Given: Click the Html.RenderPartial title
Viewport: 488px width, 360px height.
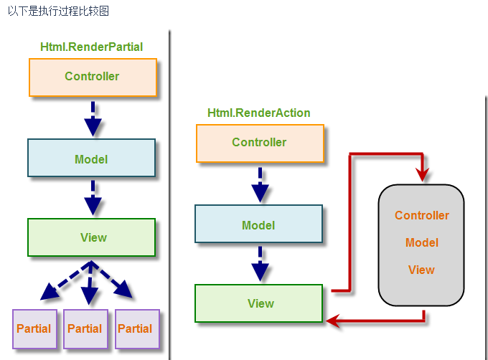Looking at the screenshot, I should tap(91, 47).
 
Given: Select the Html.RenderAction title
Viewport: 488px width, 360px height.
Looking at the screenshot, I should tap(259, 113).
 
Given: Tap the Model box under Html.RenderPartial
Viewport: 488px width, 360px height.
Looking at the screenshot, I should tap(91, 158).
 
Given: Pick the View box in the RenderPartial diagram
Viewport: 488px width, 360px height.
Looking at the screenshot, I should tap(91, 237).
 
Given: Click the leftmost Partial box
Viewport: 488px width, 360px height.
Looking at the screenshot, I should tap(34, 328).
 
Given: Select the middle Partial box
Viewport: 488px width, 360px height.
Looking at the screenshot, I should tap(85, 328).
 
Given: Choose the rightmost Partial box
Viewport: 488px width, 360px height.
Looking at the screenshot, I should tap(136, 328).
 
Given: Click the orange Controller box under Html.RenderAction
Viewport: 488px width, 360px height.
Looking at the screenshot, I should tap(260, 143).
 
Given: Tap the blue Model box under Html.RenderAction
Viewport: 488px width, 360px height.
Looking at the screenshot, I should tap(259, 224).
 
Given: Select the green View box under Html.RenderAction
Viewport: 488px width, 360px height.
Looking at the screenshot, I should tap(259, 303).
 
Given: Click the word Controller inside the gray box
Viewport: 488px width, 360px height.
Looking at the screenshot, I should tap(422, 215).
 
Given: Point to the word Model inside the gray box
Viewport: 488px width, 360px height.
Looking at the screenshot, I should tap(422, 242).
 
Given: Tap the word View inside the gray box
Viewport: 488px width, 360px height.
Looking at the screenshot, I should tap(422, 270).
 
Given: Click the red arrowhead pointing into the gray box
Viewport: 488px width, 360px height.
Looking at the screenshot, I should tap(423, 174).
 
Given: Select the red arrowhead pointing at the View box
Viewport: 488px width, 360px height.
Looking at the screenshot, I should tap(332, 321).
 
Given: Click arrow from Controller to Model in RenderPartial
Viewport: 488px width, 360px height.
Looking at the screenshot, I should tap(93, 118).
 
